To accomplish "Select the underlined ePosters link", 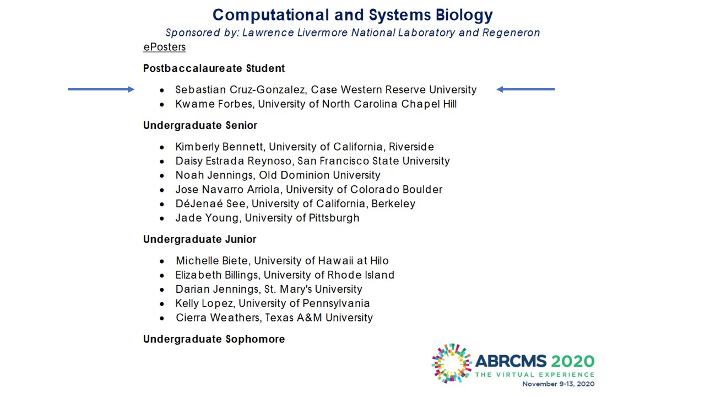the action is [x=165, y=47].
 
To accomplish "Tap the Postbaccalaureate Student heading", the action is [x=214, y=68].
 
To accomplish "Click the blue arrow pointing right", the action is [x=101, y=89].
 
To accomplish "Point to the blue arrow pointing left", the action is [x=525, y=89].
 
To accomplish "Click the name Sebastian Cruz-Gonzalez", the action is [x=240, y=90].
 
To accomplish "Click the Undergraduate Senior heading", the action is [x=200, y=125].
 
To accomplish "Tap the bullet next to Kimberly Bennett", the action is [x=162, y=147].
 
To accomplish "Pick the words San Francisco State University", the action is [x=373, y=161].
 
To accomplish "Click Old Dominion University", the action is [x=319, y=175].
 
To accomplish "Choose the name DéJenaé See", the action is [x=210, y=203].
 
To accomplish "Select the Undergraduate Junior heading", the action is [x=200, y=239].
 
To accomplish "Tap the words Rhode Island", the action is [x=361, y=275].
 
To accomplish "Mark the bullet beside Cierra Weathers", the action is [x=162, y=318].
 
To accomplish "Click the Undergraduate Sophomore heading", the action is [x=214, y=339].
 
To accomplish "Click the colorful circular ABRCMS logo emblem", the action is [x=452, y=363].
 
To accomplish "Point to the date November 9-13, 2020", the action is [x=558, y=384].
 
